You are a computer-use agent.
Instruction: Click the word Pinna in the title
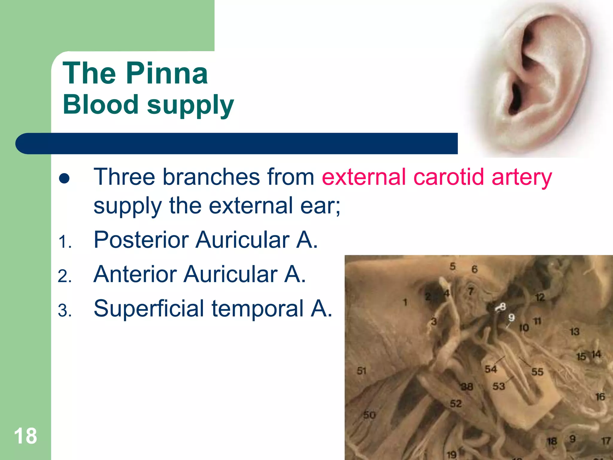coord(167,73)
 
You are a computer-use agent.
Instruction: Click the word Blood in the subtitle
coord(100,105)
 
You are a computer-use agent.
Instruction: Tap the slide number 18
coord(25,436)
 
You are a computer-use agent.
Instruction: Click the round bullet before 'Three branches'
coord(64,179)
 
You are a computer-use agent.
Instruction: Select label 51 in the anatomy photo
coord(362,371)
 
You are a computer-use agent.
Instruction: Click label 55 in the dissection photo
coord(537,372)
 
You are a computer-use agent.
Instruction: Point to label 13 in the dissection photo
coord(574,332)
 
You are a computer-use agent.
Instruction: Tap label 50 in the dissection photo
coord(369,415)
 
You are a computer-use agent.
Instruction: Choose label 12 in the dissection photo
coord(540,297)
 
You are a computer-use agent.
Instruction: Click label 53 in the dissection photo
coord(499,386)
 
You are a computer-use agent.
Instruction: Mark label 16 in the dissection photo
coord(600,397)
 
